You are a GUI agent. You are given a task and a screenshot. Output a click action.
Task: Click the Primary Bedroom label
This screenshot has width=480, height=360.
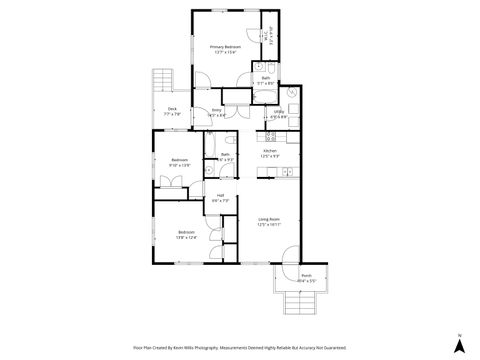point(225,46)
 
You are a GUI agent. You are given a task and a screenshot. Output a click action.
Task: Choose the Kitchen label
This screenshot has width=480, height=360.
point(269,151)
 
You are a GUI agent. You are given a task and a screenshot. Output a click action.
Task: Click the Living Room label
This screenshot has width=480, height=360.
point(268,219)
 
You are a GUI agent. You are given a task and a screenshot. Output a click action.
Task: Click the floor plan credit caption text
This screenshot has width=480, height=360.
point(240,347)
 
